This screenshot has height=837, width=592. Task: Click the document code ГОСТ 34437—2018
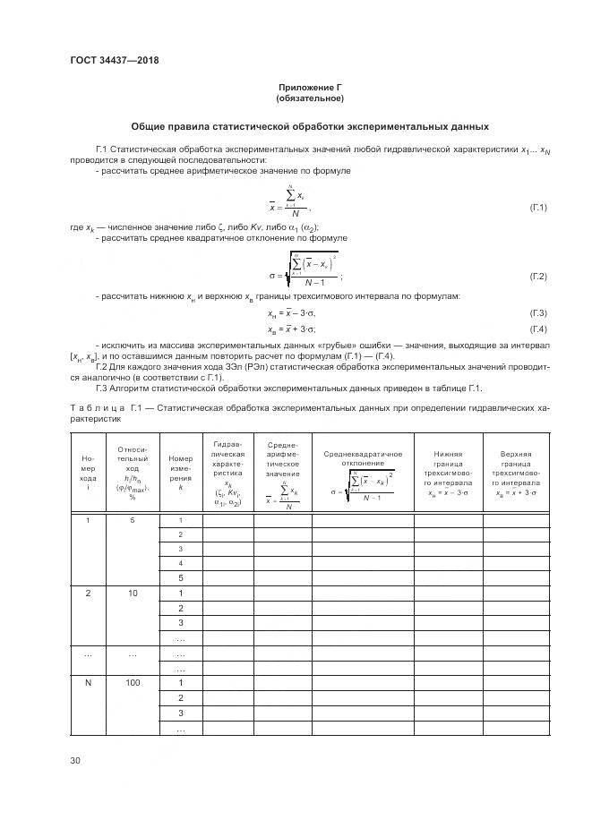coord(120,62)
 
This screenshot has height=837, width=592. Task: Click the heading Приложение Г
coord(311,87)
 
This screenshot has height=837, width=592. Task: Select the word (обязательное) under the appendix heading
coord(311,98)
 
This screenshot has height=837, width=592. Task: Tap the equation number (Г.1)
coord(538,208)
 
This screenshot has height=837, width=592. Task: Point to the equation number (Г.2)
coord(538,277)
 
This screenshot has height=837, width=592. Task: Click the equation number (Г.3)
coord(538,313)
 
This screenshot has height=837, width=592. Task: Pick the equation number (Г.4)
coord(538,329)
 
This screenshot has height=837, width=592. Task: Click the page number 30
coord(75,761)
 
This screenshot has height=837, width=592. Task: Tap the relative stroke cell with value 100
coord(133,683)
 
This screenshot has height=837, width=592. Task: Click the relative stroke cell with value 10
coord(133,593)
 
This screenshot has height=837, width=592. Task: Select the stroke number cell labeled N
coord(88,683)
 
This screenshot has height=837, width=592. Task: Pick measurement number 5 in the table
coord(180,577)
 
